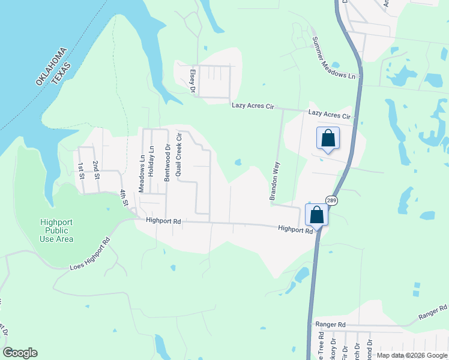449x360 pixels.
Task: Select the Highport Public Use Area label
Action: click(x=57, y=230)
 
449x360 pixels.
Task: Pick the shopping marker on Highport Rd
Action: click(x=316, y=215)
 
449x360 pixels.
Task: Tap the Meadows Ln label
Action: click(x=142, y=173)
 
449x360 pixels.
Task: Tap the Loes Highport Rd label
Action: click(x=91, y=254)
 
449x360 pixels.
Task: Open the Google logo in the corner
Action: click(x=20, y=353)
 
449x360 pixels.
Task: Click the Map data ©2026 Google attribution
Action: click(x=412, y=355)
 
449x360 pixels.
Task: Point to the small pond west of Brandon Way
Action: click(x=238, y=162)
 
